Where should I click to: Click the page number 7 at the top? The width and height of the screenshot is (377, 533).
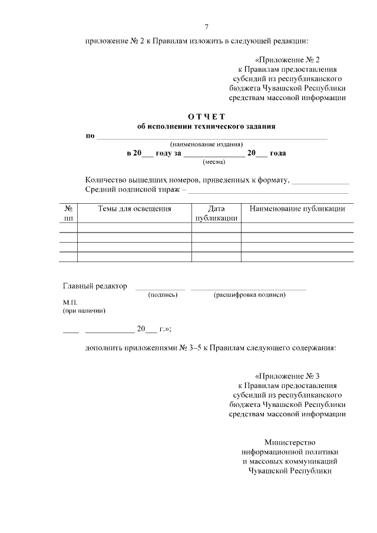[x=206, y=27]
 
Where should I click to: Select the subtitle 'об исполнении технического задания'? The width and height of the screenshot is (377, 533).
[x=206, y=126]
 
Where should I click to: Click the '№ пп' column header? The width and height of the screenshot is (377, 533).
[x=68, y=213]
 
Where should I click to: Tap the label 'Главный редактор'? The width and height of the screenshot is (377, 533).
[x=95, y=286]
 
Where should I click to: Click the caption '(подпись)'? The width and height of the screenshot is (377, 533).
[x=163, y=294]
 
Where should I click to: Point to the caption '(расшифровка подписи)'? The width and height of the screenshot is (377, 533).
[x=249, y=294]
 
